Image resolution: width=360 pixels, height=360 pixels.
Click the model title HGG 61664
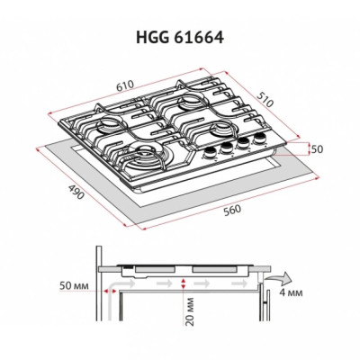(x=180, y=39)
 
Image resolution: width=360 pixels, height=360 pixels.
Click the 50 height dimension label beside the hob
(x=316, y=148)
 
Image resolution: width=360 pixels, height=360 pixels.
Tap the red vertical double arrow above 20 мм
(x=184, y=284)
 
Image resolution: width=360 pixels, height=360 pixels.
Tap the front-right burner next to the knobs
(x=201, y=134)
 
